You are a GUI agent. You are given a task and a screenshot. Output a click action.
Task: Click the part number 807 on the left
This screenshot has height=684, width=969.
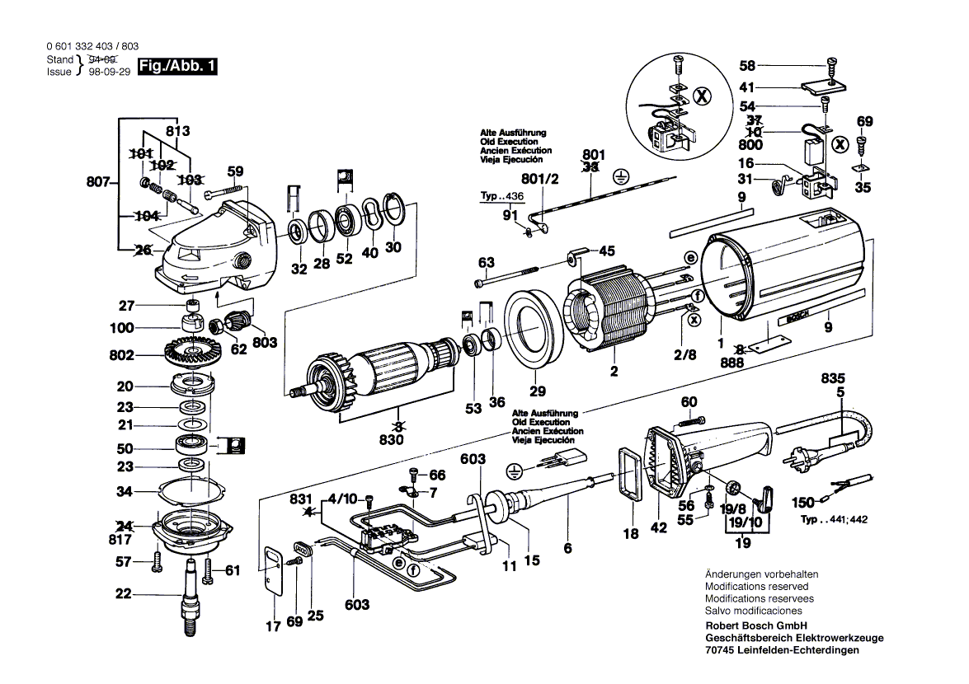[99, 183]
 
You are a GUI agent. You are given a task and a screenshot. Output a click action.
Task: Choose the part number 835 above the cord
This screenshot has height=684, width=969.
[833, 378]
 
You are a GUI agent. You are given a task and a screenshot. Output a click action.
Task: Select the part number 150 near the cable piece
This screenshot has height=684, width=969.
[803, 501]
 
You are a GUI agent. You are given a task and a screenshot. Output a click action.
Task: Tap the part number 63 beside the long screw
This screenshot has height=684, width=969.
[487, 263]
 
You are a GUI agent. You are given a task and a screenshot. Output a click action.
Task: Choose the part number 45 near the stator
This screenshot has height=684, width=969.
[607, 251]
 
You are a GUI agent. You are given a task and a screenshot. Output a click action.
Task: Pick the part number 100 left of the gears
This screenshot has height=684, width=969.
[122, 328]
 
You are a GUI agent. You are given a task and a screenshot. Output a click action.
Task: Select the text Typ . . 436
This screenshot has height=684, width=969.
[502, 198]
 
